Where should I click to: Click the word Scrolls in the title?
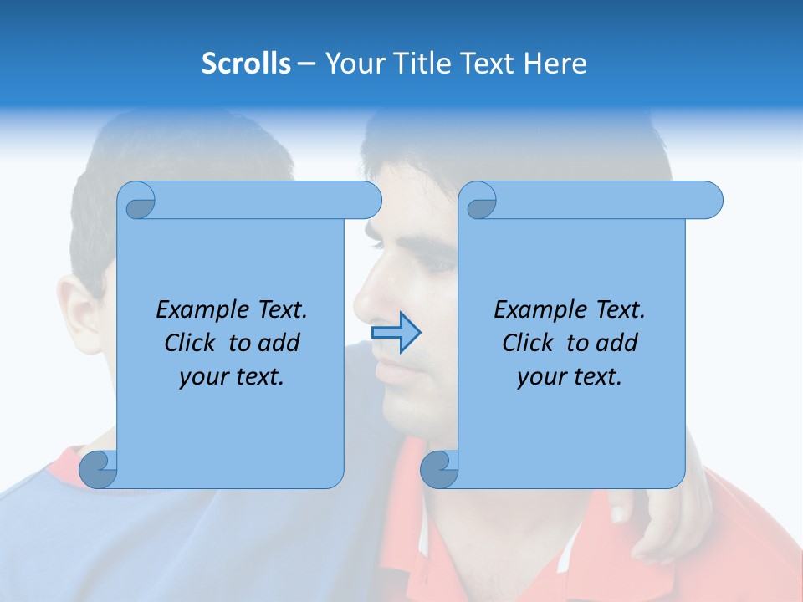click(246, 64)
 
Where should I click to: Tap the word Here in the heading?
click(555, 64)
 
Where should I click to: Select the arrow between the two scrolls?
click(396, 333)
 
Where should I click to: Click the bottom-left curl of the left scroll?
click(98, 469)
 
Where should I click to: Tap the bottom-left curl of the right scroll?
click(439, 469)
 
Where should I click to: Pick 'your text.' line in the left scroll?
click(232, 377)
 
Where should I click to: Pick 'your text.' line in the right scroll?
click(570, 377)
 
